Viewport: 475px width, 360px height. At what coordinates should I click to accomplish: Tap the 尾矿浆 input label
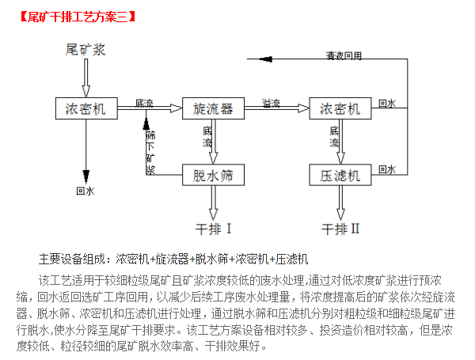[x=85, y=50]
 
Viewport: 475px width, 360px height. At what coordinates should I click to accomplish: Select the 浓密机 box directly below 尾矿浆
[x=85, y=107]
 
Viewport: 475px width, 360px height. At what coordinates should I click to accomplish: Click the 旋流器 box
[x=211, y=107]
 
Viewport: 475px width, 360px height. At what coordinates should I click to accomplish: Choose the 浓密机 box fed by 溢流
[x=340, y=107]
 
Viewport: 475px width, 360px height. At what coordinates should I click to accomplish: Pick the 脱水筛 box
[x=211, y=174]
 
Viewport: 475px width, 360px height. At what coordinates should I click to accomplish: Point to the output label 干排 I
[x=212, y=229]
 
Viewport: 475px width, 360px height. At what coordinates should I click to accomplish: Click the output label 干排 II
[x=340, y=229]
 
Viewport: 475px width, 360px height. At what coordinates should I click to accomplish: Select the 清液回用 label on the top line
[x=344, y=56]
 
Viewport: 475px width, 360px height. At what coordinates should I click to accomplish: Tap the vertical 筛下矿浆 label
[x=150, y=150]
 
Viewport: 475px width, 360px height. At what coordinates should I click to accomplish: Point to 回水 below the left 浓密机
[x=85, y=191]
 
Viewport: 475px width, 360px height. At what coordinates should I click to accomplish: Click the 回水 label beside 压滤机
[x=387, y=169]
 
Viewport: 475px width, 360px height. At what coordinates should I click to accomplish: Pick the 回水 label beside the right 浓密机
[x=387, y=102]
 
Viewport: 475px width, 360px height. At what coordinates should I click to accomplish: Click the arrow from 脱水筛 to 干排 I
[x=211, y=203]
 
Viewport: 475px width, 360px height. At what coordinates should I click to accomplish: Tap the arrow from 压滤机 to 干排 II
[x=340, y=203]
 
